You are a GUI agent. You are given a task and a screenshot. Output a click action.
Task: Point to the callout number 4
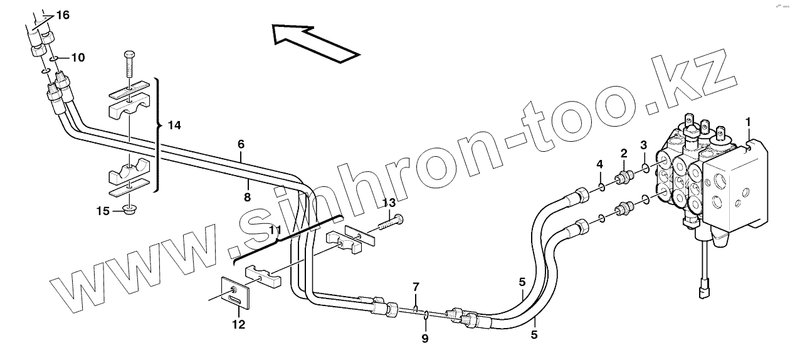[x=599, y=164]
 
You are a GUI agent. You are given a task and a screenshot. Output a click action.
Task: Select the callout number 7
[x=415, y=288]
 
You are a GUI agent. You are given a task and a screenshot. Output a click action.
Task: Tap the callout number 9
[x=424, y=338]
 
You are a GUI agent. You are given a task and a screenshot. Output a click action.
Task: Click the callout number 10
[x=78, y=58]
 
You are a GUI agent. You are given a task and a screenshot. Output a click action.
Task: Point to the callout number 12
[x=238, y=325]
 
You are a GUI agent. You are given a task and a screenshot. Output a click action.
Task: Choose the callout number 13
[x=389, y=202]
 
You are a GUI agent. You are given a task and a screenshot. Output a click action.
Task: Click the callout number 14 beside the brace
[x=174, y=125]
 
